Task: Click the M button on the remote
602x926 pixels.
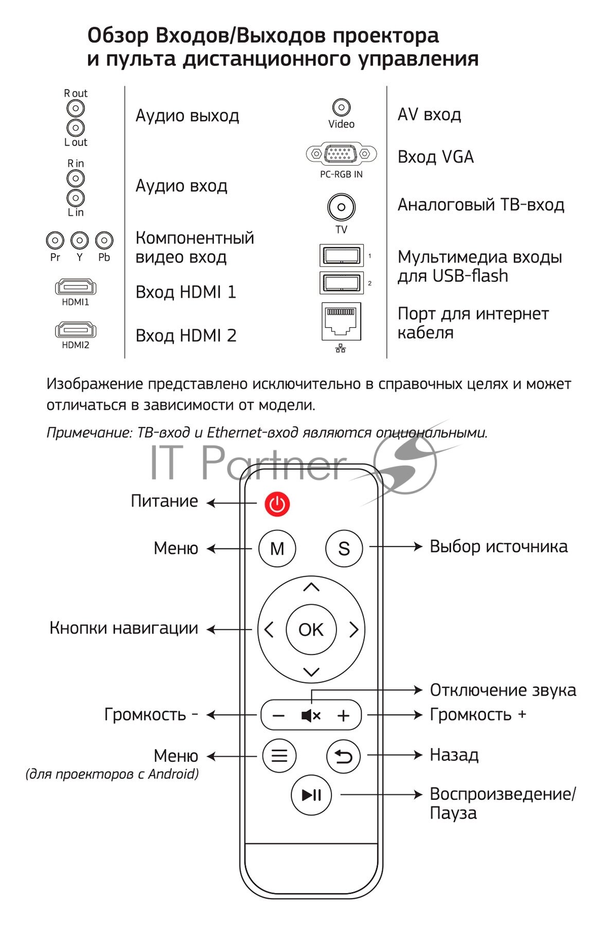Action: tap(277, 548)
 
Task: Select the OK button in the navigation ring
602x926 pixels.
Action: tap(311, 629)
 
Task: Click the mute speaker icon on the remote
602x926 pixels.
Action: tap(311, 715)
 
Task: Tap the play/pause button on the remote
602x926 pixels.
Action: tap(311, 795)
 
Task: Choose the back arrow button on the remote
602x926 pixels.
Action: tap(343, 756)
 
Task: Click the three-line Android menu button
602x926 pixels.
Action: tap(279, 755)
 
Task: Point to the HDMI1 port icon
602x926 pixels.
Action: tap(76, 287)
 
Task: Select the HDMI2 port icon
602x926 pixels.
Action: tap(76, 330)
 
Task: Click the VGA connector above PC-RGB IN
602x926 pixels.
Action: tap(341, 153)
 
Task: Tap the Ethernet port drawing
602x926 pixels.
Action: tap(341, 322)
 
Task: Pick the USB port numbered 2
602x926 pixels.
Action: tap(341, 282)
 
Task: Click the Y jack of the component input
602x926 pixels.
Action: tap(79, 240)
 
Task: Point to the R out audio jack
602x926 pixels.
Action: tap(76, 108)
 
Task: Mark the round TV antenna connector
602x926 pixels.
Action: tap(341, 207)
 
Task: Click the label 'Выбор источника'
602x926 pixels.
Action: tap(499, 546)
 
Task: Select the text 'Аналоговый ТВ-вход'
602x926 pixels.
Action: tap(481, 205)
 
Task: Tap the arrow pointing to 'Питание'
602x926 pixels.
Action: tap(232, 503)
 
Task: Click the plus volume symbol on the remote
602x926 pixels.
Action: tap(343, 716)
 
